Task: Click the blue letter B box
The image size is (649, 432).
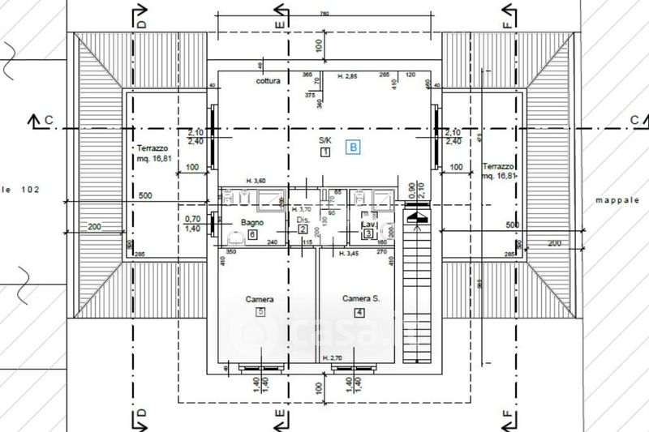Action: [x=353, y=147]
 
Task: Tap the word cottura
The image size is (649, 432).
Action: [x=268, y=82]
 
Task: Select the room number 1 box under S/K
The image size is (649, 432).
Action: [x=324, y=152]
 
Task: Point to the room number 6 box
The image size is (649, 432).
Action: [x=253, y=235]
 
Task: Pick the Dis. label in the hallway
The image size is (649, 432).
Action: [x=303, y=220]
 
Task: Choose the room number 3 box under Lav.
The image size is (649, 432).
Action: [x=367, y=234]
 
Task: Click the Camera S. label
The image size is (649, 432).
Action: [x=360, y=299]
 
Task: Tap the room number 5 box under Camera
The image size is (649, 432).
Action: [x=260, y=311]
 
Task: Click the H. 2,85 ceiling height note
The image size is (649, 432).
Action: [x=347, y=76]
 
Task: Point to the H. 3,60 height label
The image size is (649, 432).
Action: [x=257, y=180]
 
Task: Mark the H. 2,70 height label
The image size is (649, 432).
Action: [x=333, y=357]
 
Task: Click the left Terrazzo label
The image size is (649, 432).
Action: [x=153, y=149]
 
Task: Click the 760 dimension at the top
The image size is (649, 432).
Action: [x=324, y=14]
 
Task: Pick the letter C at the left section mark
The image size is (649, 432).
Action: [x=49, y=120]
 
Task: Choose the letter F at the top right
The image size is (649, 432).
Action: [x=508, y=24]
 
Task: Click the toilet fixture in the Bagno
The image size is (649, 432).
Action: [x=235, y=237]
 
